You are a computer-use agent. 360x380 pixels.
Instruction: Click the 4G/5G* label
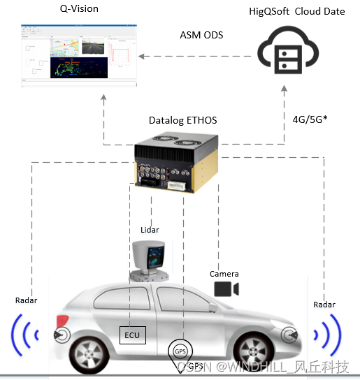(310, 119)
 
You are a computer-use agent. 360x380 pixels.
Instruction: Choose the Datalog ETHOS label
(183, 120)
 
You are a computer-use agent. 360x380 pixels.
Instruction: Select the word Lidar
(149, 229)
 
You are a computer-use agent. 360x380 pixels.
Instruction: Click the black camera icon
(226, 288)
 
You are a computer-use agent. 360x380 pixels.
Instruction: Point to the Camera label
(224, 274)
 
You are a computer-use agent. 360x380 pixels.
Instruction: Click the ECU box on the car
(132, 335)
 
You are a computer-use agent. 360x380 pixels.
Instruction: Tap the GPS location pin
(180, 351)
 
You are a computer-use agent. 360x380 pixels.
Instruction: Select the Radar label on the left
(26, 300)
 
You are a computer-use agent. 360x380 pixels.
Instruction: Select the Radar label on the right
(324, 305)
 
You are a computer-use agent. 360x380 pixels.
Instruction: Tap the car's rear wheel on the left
(92, 353)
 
